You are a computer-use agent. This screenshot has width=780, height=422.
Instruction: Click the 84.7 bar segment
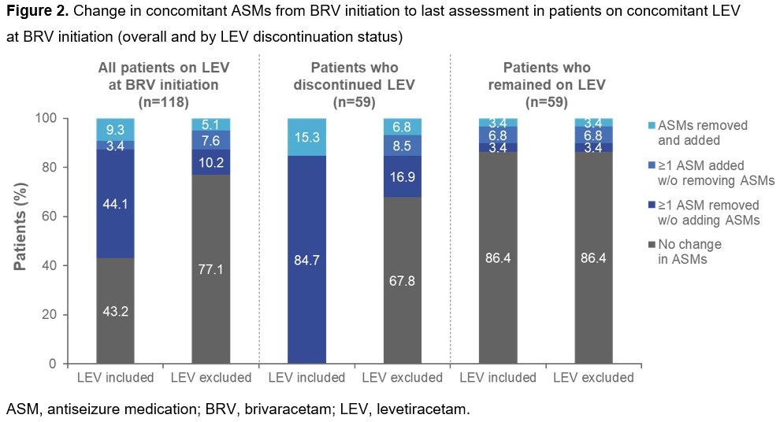click(x=307, y=260)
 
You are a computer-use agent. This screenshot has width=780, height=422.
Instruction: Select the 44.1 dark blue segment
click(x=116, y=202)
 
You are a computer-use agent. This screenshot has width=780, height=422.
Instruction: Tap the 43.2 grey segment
click(x=116, y=311)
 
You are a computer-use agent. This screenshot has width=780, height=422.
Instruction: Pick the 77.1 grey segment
click(x=210, y=269)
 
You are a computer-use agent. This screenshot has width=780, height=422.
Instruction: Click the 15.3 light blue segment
click(x=307, y=137)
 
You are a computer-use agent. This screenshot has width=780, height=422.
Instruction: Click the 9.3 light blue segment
click(x=116, y=129)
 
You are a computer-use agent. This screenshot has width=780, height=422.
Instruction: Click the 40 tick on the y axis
click(x=62, y=265)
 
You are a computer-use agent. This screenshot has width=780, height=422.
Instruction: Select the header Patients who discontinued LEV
click(x=355, y=75)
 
